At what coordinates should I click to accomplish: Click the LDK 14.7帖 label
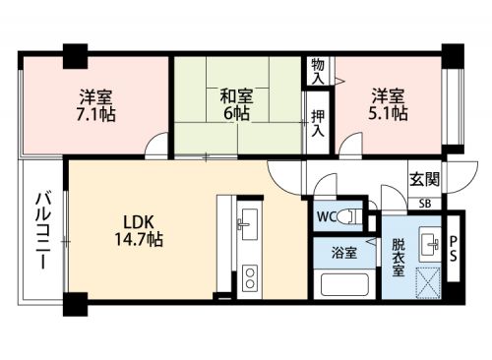(x=139, y=231)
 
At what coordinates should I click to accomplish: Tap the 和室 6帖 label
(x=236, y=104)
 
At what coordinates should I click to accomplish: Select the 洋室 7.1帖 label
(x=95, y=105)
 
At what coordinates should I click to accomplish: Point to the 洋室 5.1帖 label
(x=388, y=104)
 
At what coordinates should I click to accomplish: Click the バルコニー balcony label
(x=43, y=231)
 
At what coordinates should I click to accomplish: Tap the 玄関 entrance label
(x=424, y=179)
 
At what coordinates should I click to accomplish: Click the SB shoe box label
(x=425, y=204)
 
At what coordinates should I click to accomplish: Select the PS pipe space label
(x=453, y=249)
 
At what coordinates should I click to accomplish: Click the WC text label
(x=327, y=216)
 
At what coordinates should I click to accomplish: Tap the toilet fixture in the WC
(x=348, y=216)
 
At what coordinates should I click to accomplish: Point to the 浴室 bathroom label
(x=344, y=253)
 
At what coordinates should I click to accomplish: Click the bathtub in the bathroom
(x=344, y=284)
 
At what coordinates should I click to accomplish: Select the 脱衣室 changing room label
(x=399, y=258)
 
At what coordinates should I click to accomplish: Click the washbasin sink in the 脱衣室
(x=430, y=244)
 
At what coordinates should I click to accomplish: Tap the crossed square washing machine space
(x=428, y=282)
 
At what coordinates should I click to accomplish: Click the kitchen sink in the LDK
(x=247, y=225)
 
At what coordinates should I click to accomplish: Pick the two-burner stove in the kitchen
(x=250, y=278)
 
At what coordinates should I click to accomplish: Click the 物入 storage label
(x=318, y=71)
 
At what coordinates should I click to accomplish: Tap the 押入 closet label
(x=318, y=123)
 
